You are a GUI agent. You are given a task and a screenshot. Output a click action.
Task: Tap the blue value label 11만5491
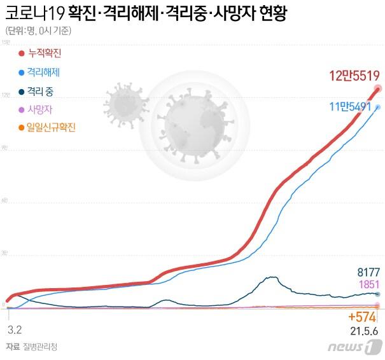coord(350,107)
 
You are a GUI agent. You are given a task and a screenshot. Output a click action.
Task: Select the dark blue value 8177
coord(368,272)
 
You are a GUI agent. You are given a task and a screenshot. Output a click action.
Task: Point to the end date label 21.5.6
coord(363,331)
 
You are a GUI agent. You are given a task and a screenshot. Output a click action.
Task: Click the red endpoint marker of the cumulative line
coord(378,88)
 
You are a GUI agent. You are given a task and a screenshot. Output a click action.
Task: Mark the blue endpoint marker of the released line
coord(378,107)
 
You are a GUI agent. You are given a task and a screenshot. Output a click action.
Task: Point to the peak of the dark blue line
coord(273,277)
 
